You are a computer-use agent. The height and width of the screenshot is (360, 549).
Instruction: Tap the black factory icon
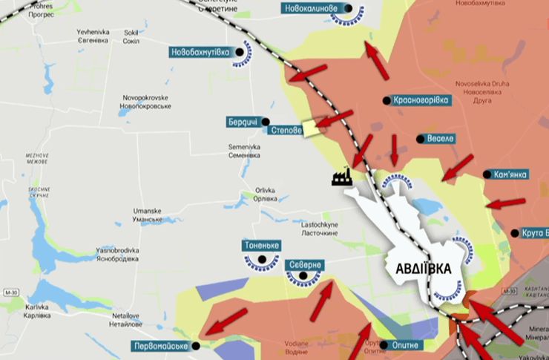(341, 177)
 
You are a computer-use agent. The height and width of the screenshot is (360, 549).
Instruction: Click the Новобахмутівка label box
(201, 53)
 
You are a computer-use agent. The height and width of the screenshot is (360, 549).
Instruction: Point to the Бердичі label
(243, 122)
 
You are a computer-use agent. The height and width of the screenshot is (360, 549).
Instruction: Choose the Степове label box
(286, 130)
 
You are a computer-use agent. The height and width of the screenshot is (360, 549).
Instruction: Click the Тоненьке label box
(260, 246)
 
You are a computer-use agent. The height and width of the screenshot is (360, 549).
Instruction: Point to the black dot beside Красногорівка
(386, 100)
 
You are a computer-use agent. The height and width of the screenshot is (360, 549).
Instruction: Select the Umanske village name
(147, 215)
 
